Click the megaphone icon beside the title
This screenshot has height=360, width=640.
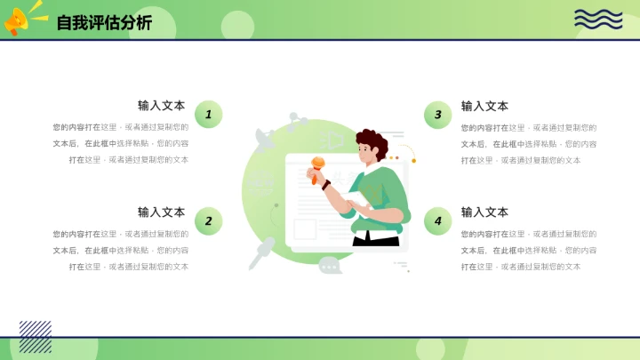(20, 20)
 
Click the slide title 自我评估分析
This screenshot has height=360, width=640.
(104, 23)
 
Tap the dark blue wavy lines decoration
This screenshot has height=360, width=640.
(598, 19)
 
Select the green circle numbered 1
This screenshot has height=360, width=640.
(208, 114)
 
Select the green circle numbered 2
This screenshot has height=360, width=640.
(208, 220)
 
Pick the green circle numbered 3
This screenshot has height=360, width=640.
(437, 114)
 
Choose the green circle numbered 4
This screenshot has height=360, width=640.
(437, 220)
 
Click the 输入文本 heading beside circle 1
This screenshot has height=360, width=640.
(161, 106)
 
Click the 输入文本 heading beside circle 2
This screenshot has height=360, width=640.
(161, 212)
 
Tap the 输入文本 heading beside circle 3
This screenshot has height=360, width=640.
(484, 106)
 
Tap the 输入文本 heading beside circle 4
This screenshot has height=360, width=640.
(484, 212)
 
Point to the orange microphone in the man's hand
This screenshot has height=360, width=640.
(317, 164)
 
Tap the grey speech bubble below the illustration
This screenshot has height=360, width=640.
(330, 265)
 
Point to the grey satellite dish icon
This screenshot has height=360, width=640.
(265, 138)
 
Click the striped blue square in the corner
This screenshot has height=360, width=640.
(36, 336)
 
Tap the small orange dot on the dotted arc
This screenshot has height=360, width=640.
(413, 160)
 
